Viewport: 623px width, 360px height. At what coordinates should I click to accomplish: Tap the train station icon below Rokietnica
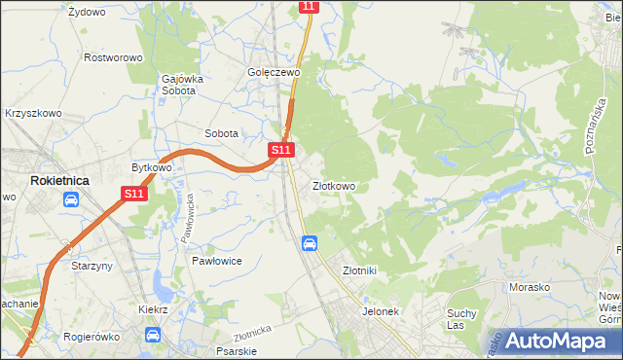point(71,200)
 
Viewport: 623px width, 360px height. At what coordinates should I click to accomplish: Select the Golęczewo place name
point(273,72)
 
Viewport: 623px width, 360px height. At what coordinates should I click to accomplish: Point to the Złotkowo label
point(334,186)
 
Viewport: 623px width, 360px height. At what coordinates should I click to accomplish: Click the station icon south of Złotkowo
point(309,243)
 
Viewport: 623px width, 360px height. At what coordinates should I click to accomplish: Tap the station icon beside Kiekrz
point(153,335)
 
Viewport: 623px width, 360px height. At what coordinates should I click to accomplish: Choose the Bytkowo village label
point(152,167)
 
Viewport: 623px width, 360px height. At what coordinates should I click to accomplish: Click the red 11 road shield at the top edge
point(308,6)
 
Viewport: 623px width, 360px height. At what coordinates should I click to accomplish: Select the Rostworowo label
point(113,58)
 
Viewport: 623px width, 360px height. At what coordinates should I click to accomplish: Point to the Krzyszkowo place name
point(33,114)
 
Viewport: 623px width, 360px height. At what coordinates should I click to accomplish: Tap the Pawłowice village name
point(216,262)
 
